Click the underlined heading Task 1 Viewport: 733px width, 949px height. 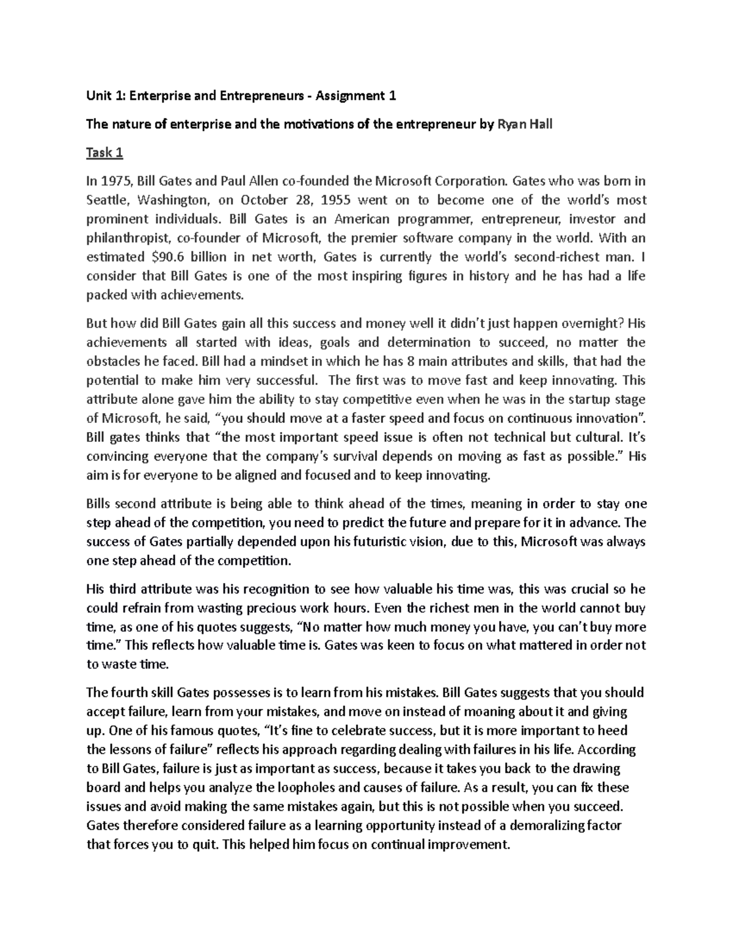coord(104,153)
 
